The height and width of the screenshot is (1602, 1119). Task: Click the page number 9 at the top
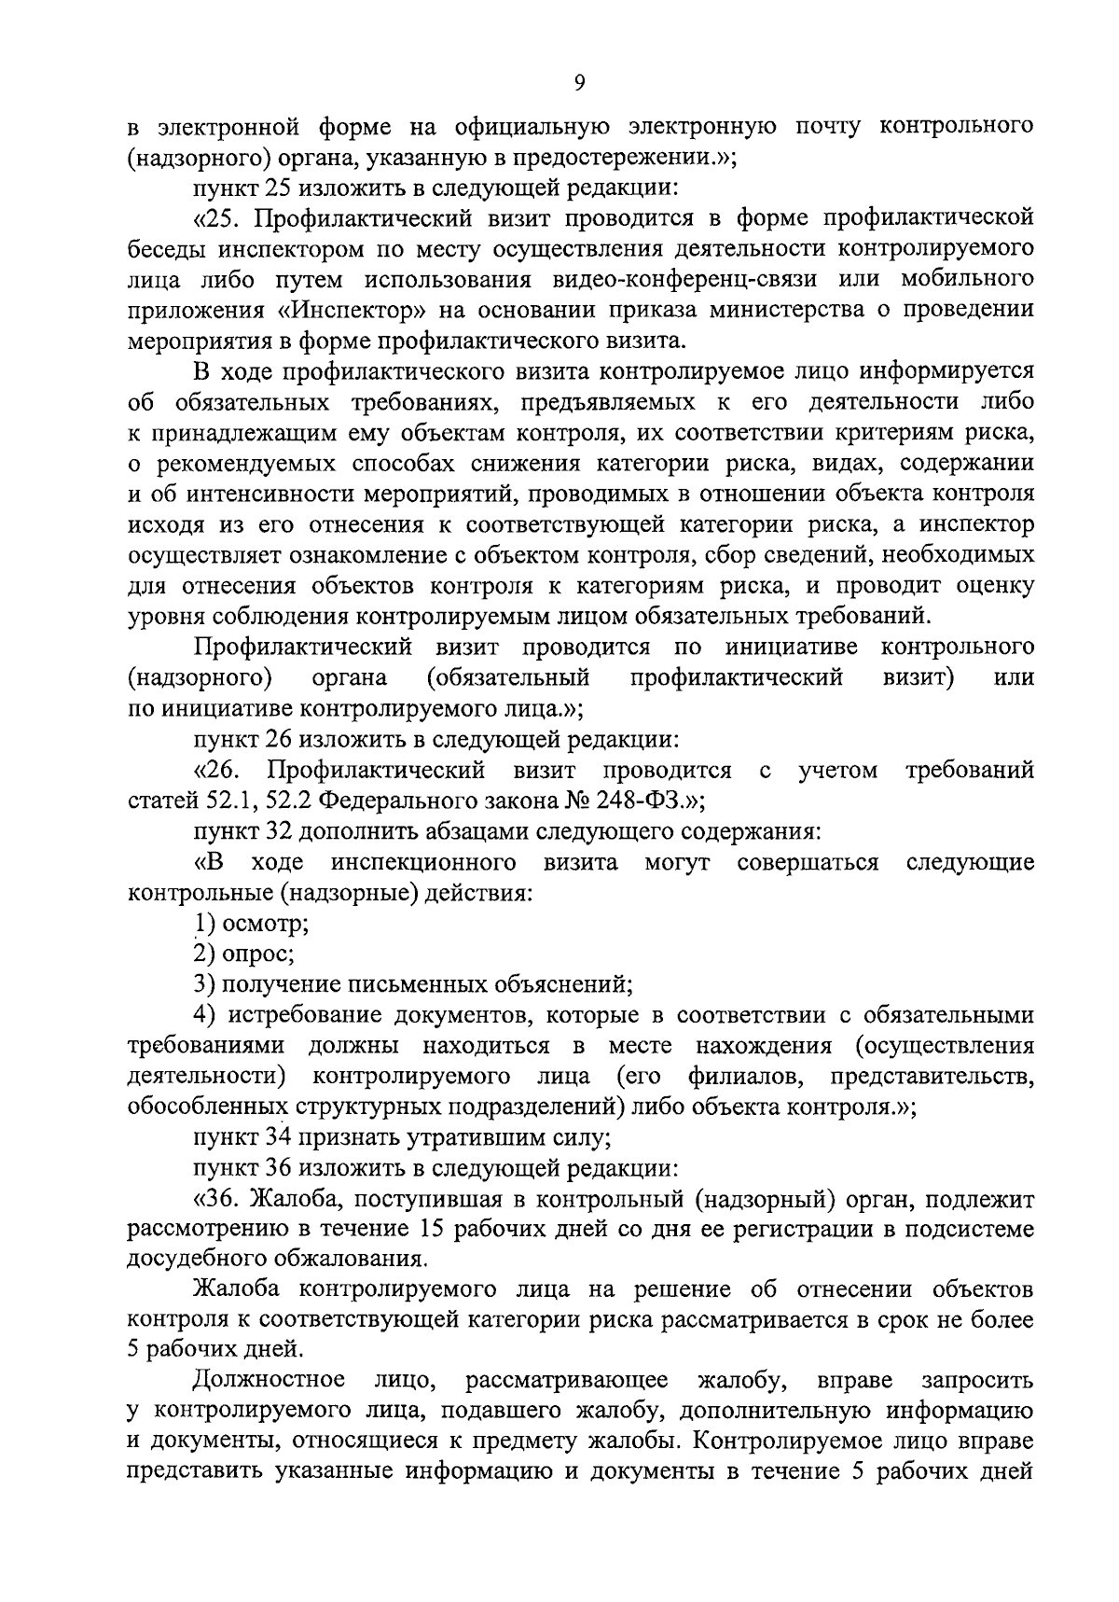pyautogui.click(x=579, y=84)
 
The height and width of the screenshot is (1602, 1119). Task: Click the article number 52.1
pyautogui.click(x=219, y=801)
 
